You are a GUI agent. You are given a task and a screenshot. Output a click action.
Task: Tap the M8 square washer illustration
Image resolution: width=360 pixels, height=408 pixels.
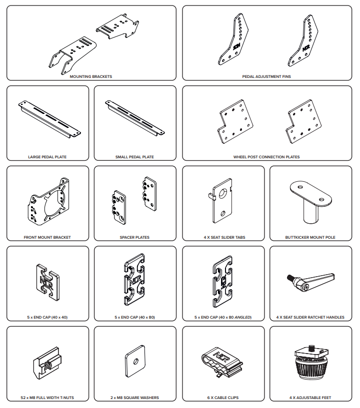[135, 361]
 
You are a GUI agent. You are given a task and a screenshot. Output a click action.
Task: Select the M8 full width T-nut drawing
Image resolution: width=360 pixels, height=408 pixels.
[47, 363]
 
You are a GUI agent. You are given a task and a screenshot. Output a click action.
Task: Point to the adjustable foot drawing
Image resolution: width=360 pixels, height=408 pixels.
[311, 362]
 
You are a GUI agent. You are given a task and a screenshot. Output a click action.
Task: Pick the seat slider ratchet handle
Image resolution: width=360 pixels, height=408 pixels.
[311, 282]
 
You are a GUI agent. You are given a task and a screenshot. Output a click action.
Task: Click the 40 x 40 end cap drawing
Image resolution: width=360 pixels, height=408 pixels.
[47, 282]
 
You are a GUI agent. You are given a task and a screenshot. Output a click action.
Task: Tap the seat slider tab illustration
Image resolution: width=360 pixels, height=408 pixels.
[221, 200]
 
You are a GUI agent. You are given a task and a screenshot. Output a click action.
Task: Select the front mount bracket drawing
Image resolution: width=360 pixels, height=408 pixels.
[48, 202]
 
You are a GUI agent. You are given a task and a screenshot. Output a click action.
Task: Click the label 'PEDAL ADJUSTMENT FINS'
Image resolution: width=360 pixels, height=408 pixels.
[266, 76]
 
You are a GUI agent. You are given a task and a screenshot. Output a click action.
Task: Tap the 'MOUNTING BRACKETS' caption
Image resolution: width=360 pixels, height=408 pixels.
[91, 76]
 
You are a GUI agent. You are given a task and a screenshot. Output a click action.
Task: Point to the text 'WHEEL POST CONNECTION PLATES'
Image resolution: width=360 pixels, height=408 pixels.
[266, 157]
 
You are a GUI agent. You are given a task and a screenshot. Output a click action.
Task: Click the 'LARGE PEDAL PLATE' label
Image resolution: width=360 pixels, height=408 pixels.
[47, 157]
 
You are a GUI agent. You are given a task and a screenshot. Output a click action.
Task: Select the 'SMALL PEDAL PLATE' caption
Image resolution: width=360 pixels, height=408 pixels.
[134, 157]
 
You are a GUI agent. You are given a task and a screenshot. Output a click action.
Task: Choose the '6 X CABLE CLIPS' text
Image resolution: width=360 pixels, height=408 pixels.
[223, 398]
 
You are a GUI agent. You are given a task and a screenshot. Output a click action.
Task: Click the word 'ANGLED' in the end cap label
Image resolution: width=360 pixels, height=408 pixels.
[242, 317]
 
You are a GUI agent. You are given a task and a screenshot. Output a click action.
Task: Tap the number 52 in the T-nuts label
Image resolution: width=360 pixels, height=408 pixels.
[23, 398]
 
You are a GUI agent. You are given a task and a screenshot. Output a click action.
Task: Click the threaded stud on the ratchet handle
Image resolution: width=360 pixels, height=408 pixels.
[290, 278]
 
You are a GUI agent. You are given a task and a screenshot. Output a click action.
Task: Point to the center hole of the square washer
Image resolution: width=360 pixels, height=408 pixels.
[135, 361]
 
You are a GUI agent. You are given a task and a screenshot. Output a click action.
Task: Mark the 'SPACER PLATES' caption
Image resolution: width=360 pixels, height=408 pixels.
[134, 237]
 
